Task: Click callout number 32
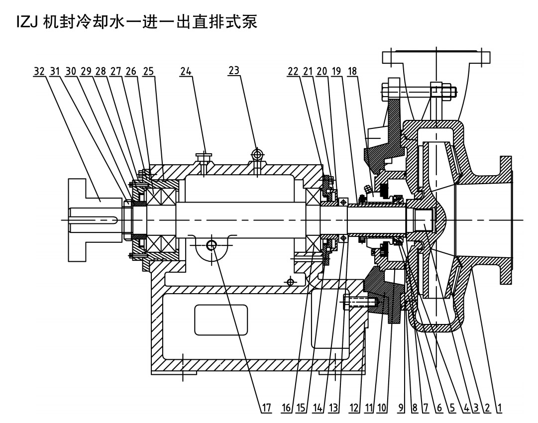point(38,72)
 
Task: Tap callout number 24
point(186,72)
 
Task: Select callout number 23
point(234,72)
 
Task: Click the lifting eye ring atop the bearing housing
point(257,155)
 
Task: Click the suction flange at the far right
point(506,219)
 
